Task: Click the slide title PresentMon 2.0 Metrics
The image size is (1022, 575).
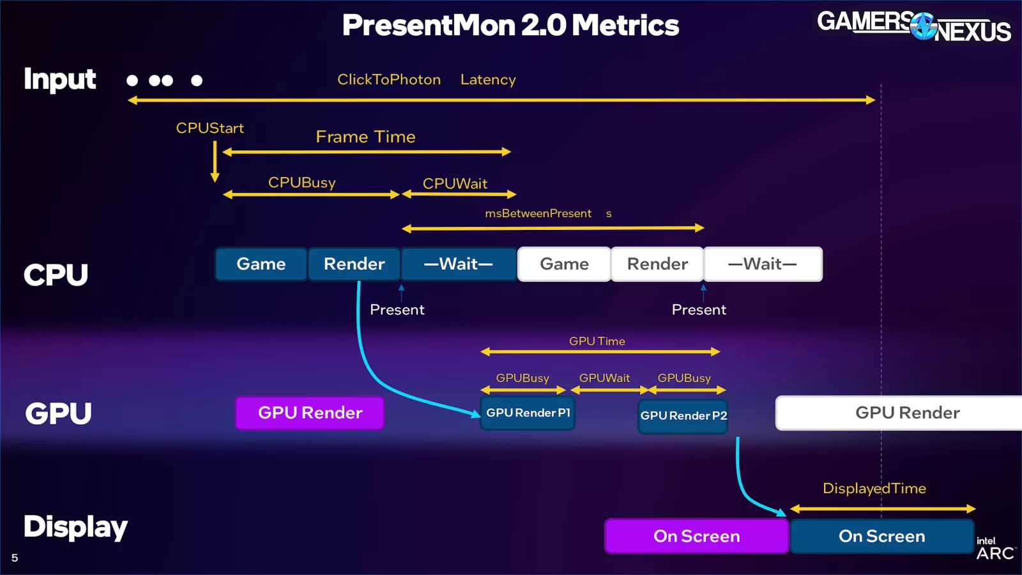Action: pos(510,26)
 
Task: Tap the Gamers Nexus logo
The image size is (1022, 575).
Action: pos(913,26)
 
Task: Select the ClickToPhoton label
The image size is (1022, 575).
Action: pos(389,80)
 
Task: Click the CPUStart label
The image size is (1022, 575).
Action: pos(210,128)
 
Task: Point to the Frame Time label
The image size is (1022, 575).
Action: pos(365,137)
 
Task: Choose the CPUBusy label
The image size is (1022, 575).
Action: pos(301,183)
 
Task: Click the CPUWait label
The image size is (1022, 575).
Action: pos(455,184)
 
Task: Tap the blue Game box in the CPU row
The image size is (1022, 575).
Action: pos(261,264)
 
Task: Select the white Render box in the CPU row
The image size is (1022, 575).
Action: pos(657,264)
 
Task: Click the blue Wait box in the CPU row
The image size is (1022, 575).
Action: pos(459,264)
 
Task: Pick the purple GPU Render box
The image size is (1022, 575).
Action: pos(310,413)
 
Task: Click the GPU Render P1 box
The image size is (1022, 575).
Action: pos(528,413)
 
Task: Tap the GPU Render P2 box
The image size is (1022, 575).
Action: pos(683,416)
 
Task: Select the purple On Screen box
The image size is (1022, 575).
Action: pos(696,536)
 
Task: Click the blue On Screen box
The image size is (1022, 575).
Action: pos(881,536)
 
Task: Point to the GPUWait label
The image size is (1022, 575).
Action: pos(604,378)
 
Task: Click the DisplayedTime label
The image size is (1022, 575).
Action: pos(874,489)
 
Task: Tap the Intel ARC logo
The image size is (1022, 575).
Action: pos(995,549)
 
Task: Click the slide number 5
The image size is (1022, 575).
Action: pos(15,558)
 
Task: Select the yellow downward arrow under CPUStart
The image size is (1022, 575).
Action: pos(215,162)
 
